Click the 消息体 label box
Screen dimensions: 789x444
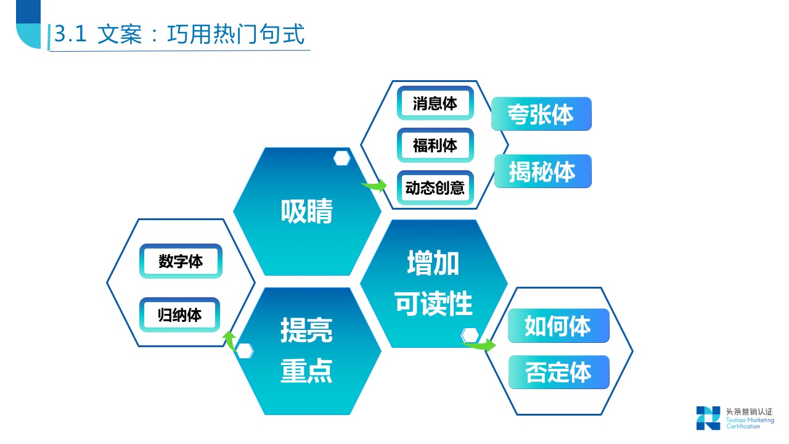(x=435, y=103)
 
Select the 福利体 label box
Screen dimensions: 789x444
(x=435, y=146)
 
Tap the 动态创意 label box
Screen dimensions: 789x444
(x=435, y=187)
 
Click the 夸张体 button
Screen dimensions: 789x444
(x=541, y=114)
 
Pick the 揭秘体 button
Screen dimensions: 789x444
(x=542, y=171)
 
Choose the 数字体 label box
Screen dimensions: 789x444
(x=181, y=261)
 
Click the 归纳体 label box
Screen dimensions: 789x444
(x=180, y=315)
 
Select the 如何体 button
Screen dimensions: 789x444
(x=558, y=326)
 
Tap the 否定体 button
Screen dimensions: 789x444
(x=558, y=372)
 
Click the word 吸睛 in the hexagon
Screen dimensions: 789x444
(x=306, y=212)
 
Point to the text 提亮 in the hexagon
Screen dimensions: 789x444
(x=306, y=330)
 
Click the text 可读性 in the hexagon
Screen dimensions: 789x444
(x=433, y=303)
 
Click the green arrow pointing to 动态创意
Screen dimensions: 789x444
(x=374, y=184)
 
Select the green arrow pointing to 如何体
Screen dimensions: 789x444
(x=480, y=345)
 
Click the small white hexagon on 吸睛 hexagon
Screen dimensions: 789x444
(x=342, y=158)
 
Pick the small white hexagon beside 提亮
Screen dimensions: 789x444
(x=245, y=351)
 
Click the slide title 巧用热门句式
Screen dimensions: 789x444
(x=236, y=35)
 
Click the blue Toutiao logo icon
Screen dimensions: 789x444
(x=708, y=417)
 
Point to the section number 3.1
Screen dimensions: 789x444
(x=70, y=35)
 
